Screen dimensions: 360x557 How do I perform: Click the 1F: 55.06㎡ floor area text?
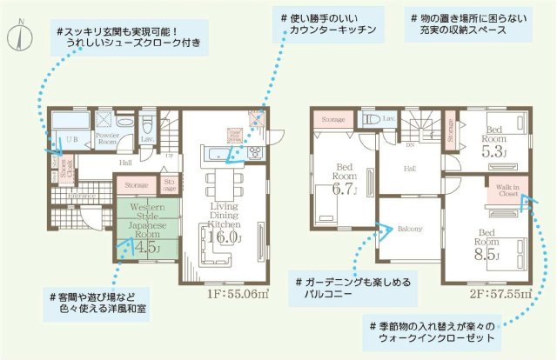[239, 295]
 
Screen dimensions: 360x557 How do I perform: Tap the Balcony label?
[409, 230]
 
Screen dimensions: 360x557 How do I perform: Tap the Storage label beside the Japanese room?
[136, 184]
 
